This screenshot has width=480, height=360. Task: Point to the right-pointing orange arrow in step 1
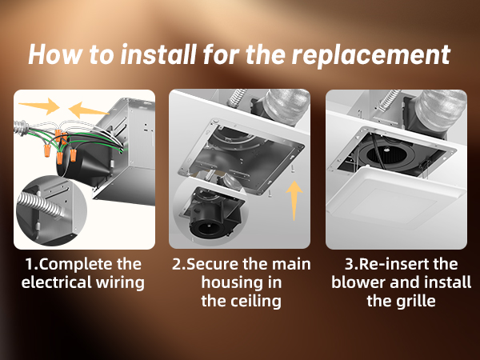[41, 105]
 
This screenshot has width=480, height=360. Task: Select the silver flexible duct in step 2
[283, 107]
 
